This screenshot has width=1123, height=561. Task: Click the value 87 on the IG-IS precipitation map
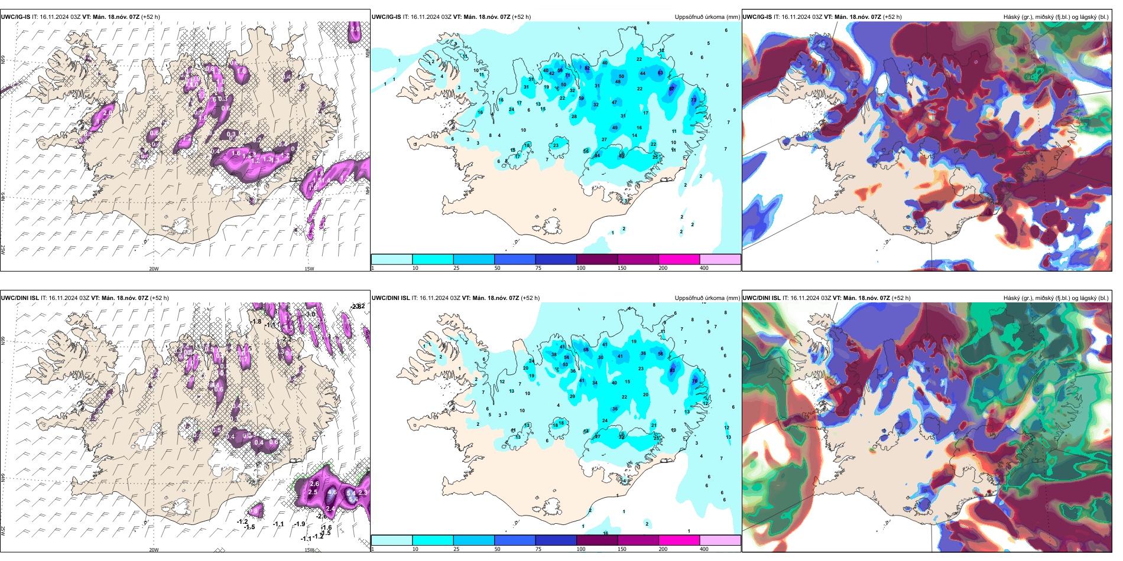(672, 89)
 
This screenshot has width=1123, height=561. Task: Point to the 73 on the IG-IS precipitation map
(694, 100)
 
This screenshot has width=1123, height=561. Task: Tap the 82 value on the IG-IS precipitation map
(587, 68)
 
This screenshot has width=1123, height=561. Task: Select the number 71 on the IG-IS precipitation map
(568, 76)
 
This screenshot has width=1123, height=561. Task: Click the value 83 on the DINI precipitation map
(673, 370)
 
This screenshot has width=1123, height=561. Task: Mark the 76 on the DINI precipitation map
(695, 381)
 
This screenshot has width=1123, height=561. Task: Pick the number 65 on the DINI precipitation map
(586, 350)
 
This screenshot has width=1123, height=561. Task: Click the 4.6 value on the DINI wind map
(332, 492)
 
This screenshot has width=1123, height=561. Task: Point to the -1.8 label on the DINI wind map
(256, 322)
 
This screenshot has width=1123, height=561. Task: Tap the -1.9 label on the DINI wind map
(300, 524)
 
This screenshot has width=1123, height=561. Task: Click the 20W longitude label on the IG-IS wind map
(154, 269)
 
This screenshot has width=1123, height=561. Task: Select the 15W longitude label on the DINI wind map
(309, 550)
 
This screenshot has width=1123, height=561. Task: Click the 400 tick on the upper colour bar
(704, 268)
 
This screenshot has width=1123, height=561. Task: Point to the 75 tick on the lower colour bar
(538, 549)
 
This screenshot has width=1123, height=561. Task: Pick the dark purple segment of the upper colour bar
(597, 259)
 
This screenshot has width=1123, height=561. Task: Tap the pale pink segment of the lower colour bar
(720, 540)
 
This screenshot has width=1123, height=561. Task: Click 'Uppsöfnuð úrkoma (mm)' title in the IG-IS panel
(707, 17)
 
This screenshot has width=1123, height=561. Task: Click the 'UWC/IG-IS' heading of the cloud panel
(757, 17)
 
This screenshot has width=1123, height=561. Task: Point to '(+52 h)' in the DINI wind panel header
(160, 298)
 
